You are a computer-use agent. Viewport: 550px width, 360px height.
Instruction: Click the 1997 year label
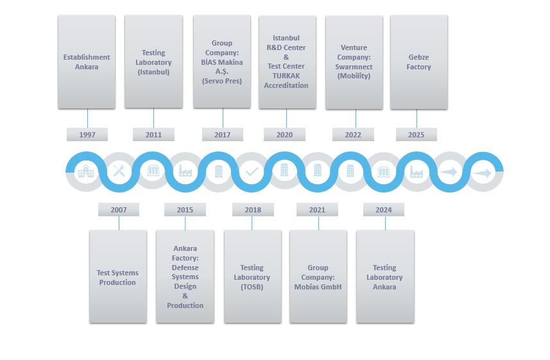(87, 135)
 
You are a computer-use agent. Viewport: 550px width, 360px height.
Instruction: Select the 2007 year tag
(119, 210)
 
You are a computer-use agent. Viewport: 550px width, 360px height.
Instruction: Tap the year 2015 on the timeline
(185, 210)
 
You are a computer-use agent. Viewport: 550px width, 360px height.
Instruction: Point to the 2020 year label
(284, 135)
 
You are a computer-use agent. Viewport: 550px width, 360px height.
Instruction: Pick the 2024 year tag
(384, 210)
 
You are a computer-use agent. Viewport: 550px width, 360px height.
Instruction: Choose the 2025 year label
(416, 135)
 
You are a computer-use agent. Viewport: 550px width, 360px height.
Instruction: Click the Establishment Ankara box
(87, 62)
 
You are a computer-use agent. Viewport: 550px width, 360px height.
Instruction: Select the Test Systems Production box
(118, 277)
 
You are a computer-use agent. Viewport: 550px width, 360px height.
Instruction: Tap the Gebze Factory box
(418, 62)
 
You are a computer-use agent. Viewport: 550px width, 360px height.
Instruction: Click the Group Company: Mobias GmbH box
(318, 277)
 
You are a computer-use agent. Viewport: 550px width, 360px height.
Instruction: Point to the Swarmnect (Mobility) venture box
(354, 62)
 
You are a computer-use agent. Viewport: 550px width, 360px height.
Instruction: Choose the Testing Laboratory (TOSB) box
(252, 277)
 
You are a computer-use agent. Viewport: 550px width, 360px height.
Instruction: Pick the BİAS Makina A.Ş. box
(221, 62)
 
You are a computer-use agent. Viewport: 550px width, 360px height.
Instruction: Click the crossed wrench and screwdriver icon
(119, 171)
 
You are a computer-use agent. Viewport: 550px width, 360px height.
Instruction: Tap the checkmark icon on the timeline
(252, 171)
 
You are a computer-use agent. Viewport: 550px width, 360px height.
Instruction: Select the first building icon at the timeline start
(85, 171)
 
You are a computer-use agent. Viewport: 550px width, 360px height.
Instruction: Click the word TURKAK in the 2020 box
(286, 76)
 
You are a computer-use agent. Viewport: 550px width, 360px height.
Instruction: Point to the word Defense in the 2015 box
(185, 268)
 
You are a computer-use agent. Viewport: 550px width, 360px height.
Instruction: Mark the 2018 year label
(252, 210)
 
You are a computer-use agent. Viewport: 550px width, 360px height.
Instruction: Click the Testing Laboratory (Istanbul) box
(153, 62)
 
